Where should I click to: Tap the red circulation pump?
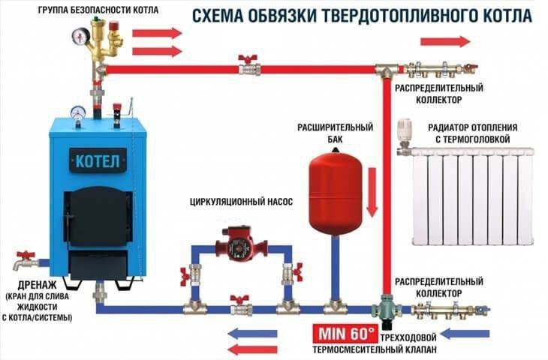tap(236, 244)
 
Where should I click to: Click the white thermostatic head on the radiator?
tap(405, 131)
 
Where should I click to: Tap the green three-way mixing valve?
tap(386, 308)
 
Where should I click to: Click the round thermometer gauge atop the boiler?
tap(79, 112)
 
